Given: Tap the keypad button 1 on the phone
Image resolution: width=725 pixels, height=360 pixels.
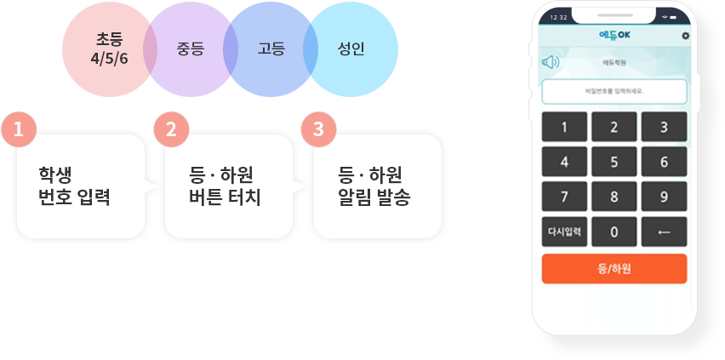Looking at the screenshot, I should click(x=565, y=129).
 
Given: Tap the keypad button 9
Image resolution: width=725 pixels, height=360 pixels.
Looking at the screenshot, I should click(x=664, y=197).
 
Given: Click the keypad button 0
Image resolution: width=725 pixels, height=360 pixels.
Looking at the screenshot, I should click(x=614, y=231).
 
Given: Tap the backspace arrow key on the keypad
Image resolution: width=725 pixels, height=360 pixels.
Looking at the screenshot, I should click(x=664, y=231).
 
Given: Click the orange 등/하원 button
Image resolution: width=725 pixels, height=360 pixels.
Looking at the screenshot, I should click(x=614, y=268).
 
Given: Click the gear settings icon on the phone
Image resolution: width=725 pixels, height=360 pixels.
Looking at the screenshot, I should click(x=685, y=36).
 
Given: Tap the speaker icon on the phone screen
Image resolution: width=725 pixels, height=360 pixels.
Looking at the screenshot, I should click(x=551, y=62).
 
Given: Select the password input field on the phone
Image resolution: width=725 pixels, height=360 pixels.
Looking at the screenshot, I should click(x=614, y=90).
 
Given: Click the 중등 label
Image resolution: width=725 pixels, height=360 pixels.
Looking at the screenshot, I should click(x=190, y=49).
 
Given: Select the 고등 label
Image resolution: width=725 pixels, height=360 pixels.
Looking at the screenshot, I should click(x=271, y=49).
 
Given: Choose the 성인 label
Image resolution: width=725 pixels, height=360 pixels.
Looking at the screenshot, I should click(x=351, y=49).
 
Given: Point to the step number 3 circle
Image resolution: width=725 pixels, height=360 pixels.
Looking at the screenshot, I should click(x=317, y=129).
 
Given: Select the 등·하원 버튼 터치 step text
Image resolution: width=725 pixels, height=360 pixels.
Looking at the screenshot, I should click(x=225, y=186).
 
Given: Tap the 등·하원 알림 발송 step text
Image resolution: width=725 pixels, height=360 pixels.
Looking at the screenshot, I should click(x=374, y=186).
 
